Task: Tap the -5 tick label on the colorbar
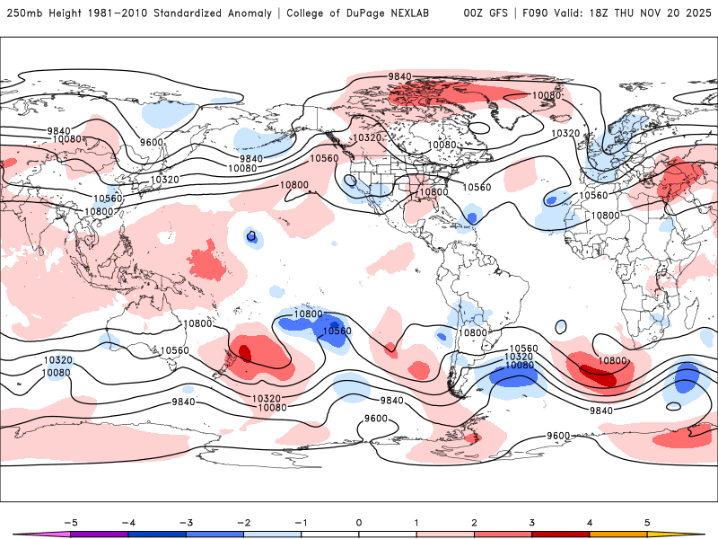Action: tap(70, 522)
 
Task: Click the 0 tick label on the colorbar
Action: tap(359, 522)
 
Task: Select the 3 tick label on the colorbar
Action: tap(531, 522)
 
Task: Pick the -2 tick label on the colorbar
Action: tap(243, 522)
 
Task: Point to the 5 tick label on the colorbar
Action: tap(646, 522)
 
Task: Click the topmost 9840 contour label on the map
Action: tap(399, 76)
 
